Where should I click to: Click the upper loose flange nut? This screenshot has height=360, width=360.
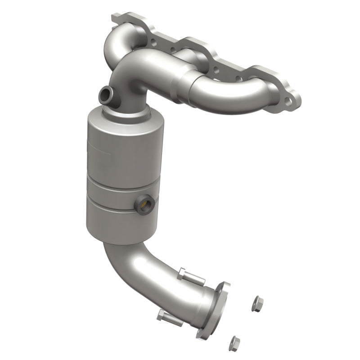pos(258,302)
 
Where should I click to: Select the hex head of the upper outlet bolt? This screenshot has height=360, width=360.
pos(181,273)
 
